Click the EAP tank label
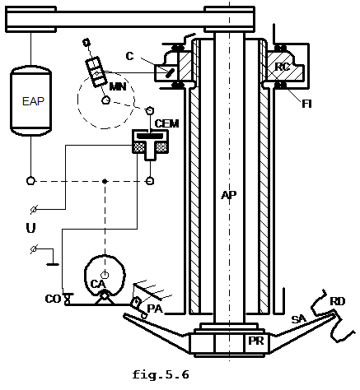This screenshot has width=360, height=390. [33, 101]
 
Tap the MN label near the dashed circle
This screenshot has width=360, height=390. [118, 86]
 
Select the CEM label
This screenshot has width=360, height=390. [166, 123]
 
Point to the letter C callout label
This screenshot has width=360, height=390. [129, 56]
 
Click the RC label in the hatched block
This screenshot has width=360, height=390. [283, 67]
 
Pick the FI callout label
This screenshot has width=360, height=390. [306, 104]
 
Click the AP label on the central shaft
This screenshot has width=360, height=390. [229, 195]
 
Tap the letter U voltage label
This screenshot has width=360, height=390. [30, 228]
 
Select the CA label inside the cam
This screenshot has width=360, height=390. [98, 284]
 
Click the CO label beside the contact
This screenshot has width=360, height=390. [53, 299]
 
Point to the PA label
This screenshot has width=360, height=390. [155, 309]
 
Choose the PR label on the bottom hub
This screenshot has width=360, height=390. [256, 341]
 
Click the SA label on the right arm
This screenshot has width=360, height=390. [298, 319]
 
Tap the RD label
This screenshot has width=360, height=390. [337, 302]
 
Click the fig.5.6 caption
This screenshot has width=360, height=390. [161, 374]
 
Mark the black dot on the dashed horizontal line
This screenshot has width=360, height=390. [105, 181]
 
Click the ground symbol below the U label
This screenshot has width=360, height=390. [53, 264]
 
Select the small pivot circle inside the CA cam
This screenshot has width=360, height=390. [105, 274]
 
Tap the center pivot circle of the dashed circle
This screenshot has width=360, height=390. [105, 100]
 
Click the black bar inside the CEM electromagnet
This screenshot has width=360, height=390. [150, 136]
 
